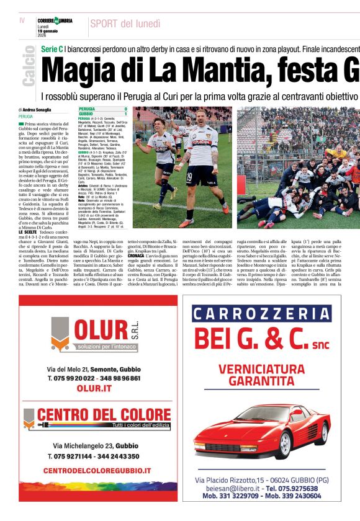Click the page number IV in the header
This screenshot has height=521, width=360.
[22, 20]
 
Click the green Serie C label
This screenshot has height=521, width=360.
[52, 48]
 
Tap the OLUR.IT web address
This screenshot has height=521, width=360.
[94, 388]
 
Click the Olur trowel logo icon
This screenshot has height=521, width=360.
[60, 334]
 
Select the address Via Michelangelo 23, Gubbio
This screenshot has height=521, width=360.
[96, 445]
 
